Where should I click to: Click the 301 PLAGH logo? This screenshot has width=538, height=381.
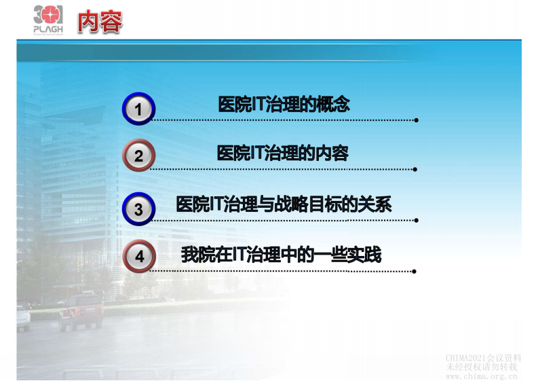tap(48, 20)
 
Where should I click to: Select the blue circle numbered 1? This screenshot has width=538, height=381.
tap(138, 109)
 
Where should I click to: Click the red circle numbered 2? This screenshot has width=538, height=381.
tap(138, 156)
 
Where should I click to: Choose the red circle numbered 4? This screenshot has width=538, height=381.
tap(139, 257)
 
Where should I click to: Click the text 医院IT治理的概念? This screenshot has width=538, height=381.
tap(284, 105)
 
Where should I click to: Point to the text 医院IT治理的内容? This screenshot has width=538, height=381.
tap(282, 153)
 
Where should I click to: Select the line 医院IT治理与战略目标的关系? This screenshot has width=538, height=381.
tap(284, 204)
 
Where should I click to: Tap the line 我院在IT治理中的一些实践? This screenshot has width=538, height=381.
tap(281, 255)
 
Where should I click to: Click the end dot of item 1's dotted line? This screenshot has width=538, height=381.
tap(416, 120)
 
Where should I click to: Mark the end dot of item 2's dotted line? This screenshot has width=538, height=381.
tap(415, 169)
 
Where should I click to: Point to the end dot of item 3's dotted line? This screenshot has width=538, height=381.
tap(416, 220)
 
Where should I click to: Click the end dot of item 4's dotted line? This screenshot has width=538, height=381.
tap(414, 271)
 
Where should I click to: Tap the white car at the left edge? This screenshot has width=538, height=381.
tap(23, 317)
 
